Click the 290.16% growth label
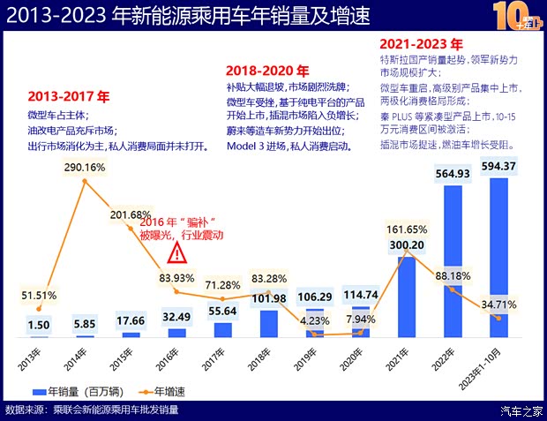tap(85, 166)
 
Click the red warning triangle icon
tap(177, 254)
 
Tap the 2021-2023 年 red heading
tap(421, 42)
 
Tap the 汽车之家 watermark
tap(521, 410)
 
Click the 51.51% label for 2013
tap(38, 294)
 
